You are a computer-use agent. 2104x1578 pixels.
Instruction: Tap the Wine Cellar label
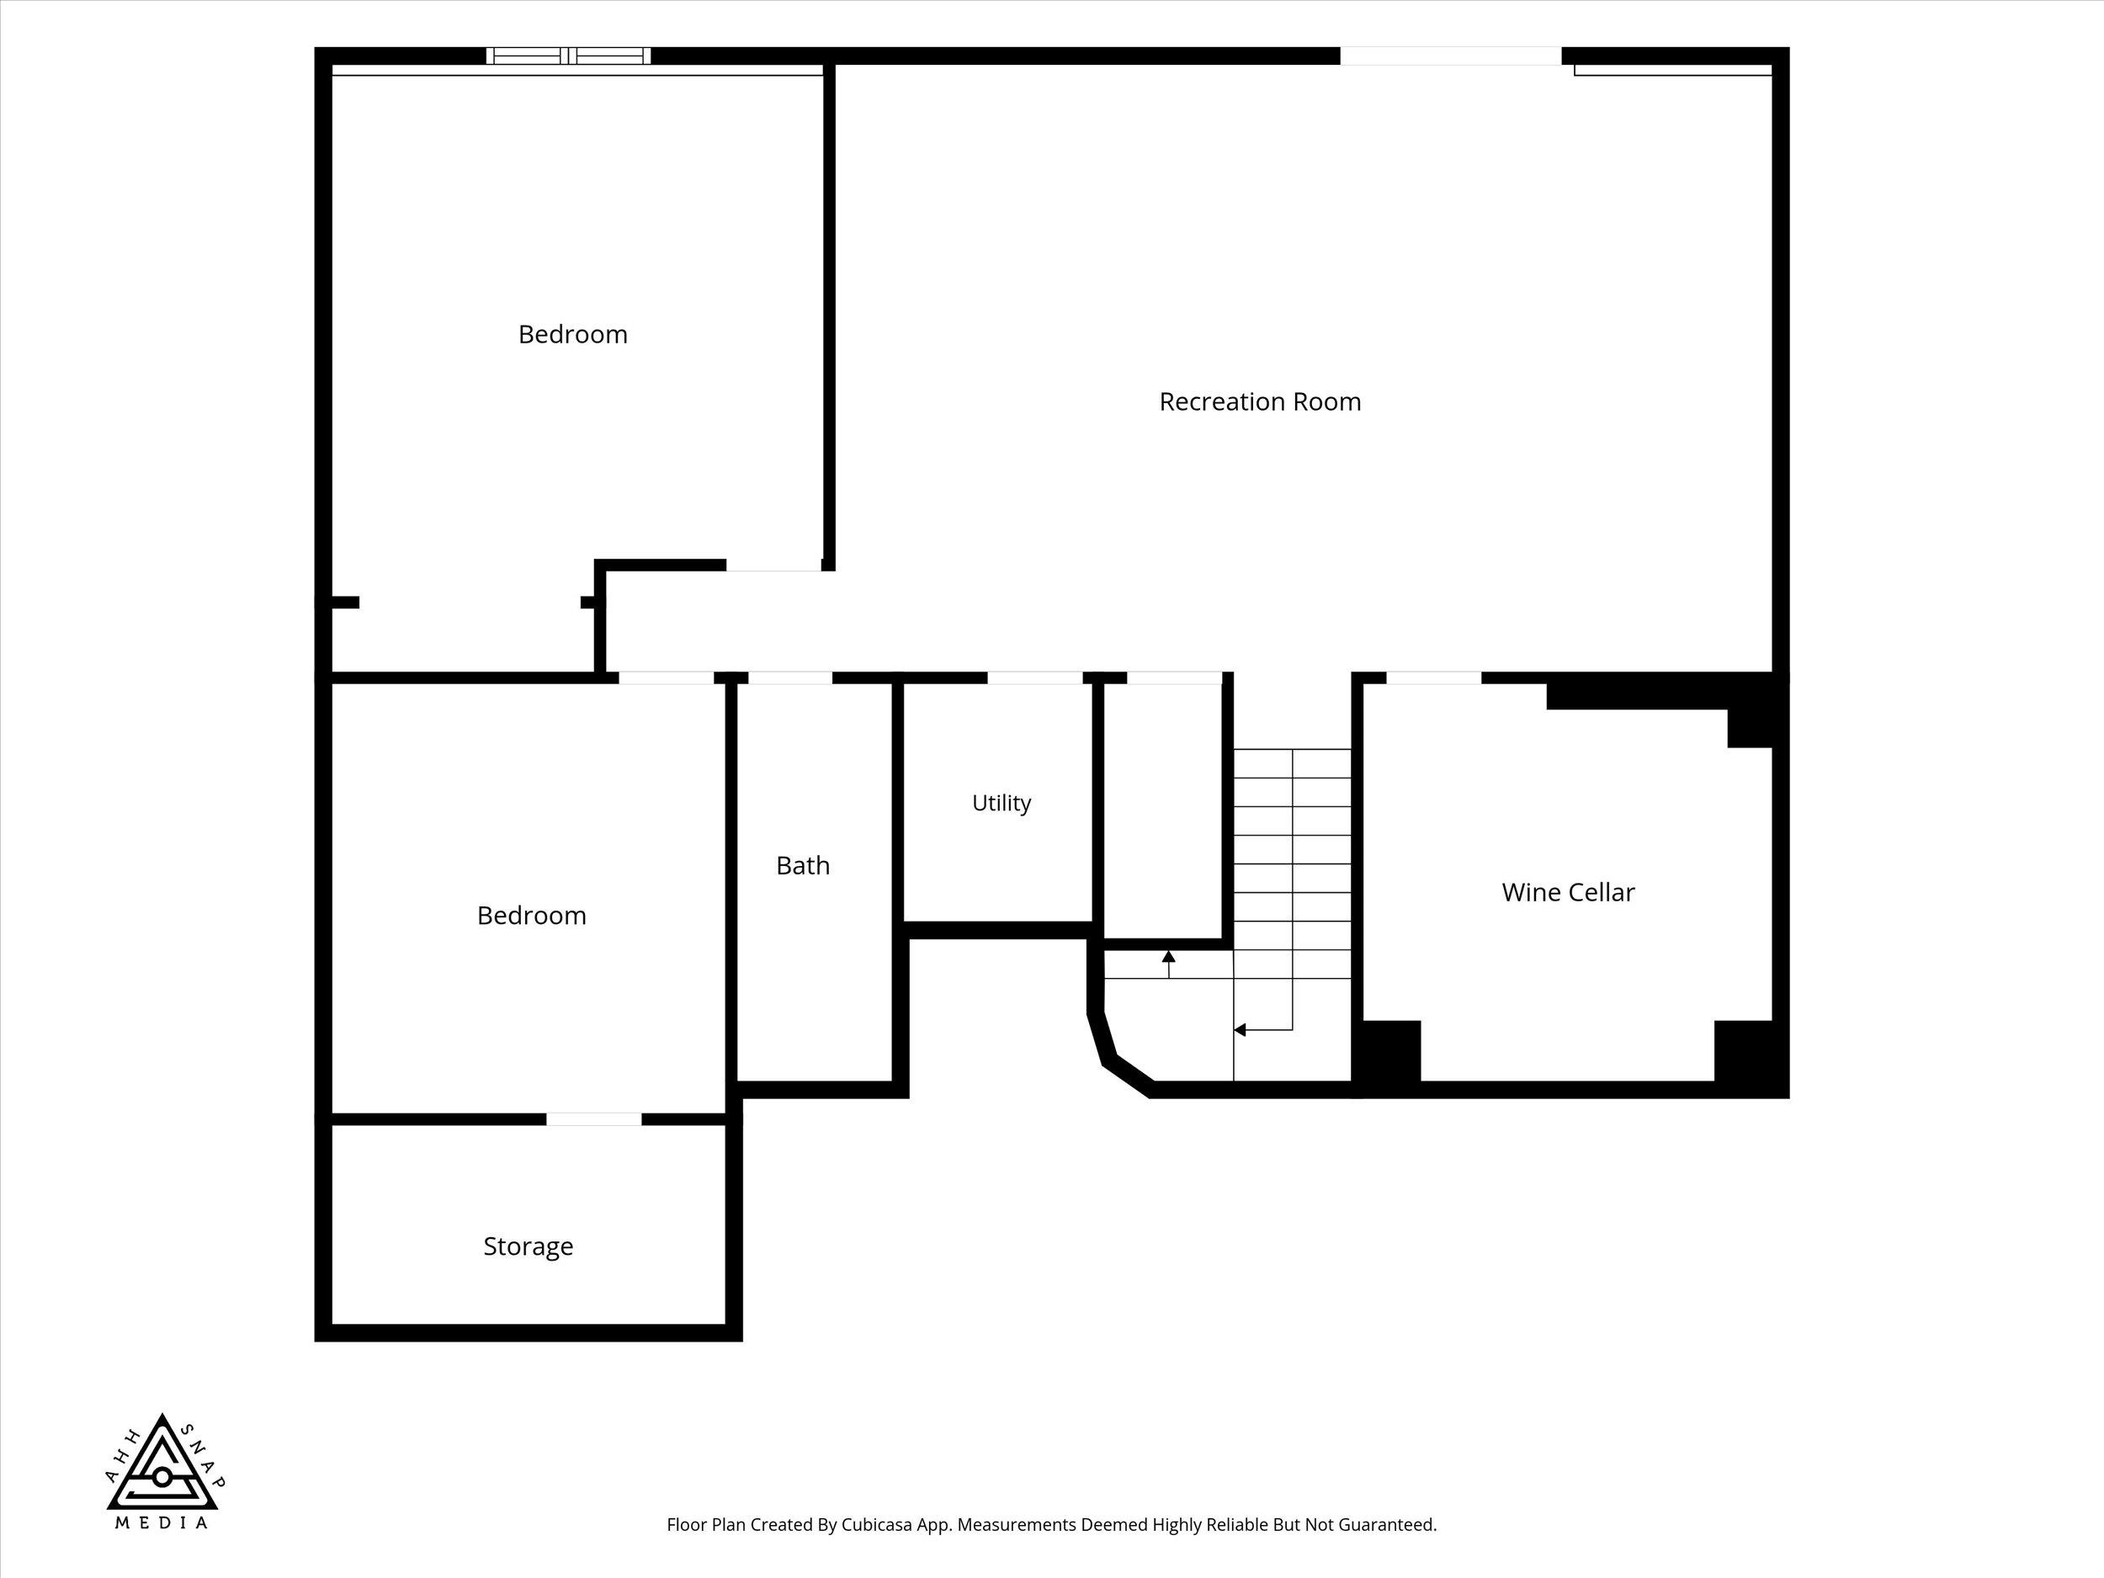[x=1568, y=892]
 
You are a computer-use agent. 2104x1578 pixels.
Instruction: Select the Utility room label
[x=1001, y=803]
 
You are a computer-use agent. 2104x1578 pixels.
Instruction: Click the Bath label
[x=803, y=865]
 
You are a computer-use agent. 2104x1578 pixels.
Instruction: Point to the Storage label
[x=528, y=1246]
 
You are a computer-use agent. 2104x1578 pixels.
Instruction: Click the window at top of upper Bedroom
[x=569, y=56]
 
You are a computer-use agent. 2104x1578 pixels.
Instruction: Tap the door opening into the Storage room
[x=593, y=1119]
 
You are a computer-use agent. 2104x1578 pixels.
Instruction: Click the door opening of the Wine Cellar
[x=1433, y=678]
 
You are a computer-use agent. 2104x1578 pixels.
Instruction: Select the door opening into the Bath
[x=789, y=678]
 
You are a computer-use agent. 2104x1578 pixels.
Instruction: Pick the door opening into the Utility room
[x=1035, y=678]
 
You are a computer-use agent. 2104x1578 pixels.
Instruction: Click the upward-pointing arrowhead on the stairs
[x=1169, y=956]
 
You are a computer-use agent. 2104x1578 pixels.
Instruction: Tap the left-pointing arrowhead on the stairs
[x=1240, y=1029]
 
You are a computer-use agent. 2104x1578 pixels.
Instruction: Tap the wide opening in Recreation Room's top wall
[x=1451, y=56]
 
